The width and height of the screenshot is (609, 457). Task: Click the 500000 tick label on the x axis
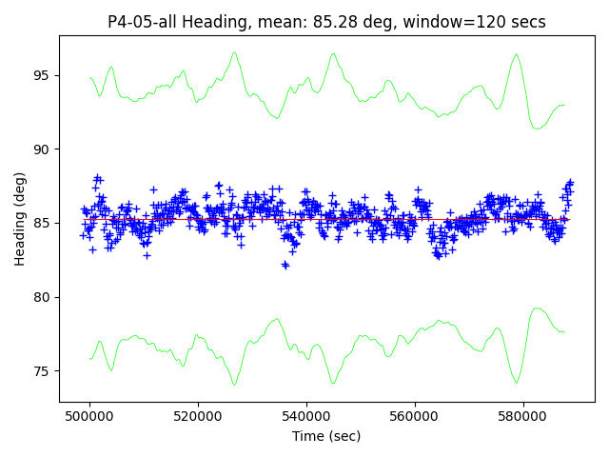[90, 416]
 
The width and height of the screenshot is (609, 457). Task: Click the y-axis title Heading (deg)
[20, 219]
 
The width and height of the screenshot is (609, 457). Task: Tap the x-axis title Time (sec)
[326, 436]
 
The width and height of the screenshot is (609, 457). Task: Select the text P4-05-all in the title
[140, 22]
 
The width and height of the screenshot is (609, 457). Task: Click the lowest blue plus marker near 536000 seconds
[285, 265]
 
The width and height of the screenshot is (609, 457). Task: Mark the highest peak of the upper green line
[234, 53]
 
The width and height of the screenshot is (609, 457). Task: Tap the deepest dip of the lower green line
[234, 384]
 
